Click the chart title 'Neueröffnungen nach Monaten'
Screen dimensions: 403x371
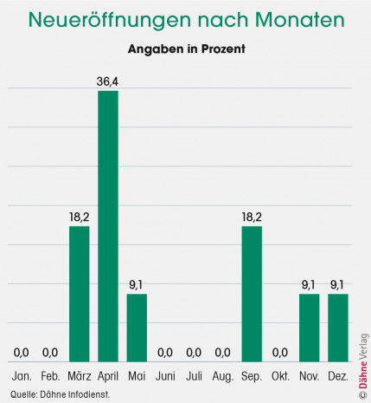point(185,20)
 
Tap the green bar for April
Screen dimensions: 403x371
point(108,225)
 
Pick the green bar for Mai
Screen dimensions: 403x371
point(137,327)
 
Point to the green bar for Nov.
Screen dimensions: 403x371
point(309,327)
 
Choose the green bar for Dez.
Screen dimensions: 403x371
point(337,327)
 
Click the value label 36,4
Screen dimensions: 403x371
point(108,81)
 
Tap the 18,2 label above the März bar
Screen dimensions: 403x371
point(79,218)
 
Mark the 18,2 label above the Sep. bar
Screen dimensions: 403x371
point(252,218)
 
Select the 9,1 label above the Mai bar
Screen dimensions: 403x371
point(137,285)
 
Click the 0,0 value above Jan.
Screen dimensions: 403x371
point(22,352)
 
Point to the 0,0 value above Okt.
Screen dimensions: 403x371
point(280,352)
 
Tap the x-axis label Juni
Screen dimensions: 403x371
point(165,376)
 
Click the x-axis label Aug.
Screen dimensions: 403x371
point(223,376)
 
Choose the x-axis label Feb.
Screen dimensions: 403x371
point(50,376)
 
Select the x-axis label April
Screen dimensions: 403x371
point(108,376)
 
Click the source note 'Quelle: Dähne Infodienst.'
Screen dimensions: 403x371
point(60,394)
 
